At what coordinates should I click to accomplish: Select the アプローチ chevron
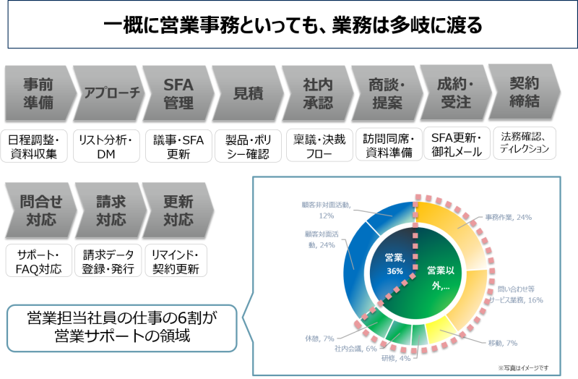click(107, 93)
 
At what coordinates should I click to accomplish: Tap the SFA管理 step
click(178, 93)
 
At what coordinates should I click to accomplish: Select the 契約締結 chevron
click(522, 93)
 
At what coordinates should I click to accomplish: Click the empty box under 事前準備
click(35, 145)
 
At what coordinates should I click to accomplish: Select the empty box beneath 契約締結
click(525, 143)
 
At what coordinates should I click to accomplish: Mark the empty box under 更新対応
click(176, 260)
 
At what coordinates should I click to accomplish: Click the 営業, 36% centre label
click(394, 265)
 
